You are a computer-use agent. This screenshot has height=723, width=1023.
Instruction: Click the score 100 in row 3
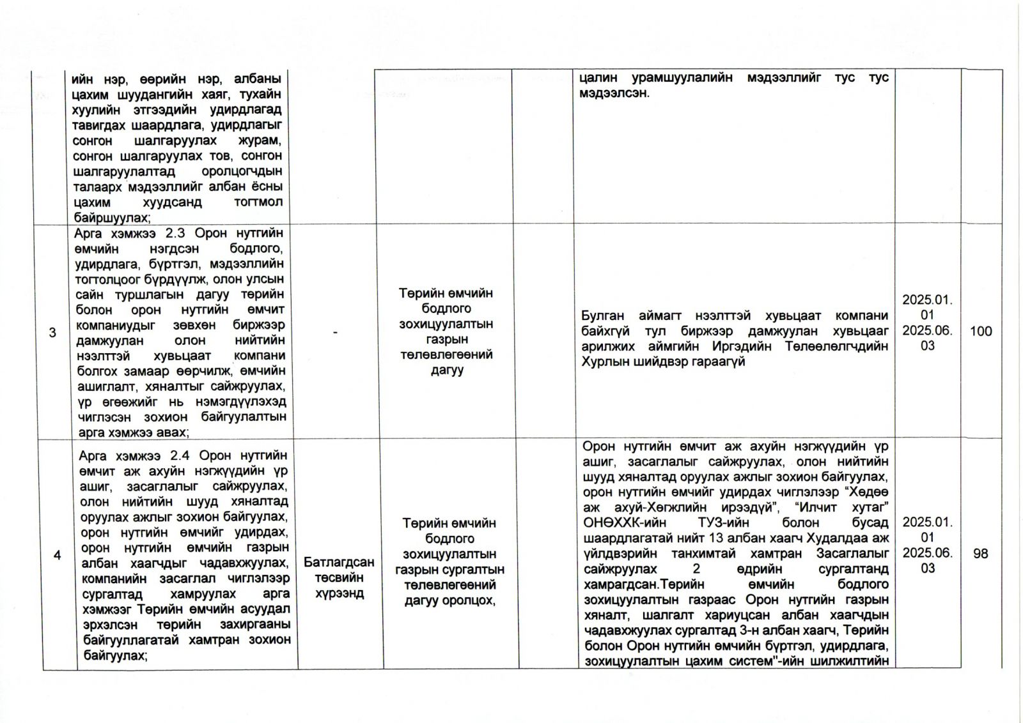coord(981,331)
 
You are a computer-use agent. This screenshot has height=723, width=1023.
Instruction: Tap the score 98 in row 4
coord(981,554)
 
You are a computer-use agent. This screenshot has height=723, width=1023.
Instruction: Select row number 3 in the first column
coord(52,332)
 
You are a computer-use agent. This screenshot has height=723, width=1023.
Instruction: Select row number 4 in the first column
coord(58,555)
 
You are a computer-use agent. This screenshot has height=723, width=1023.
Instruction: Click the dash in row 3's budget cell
coord(336,331)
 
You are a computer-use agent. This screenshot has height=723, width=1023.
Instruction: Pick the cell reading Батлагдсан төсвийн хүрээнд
coord(339,577)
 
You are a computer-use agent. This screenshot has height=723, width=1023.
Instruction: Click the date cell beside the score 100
coord(927,323)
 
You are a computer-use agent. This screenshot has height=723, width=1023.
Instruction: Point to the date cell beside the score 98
coord(927,545)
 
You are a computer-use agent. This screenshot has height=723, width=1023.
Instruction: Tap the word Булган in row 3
coord(604,316)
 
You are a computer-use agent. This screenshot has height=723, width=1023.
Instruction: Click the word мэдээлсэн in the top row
coord(614,93)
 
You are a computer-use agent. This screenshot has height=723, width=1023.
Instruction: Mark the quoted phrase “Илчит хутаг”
coord(847,508)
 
